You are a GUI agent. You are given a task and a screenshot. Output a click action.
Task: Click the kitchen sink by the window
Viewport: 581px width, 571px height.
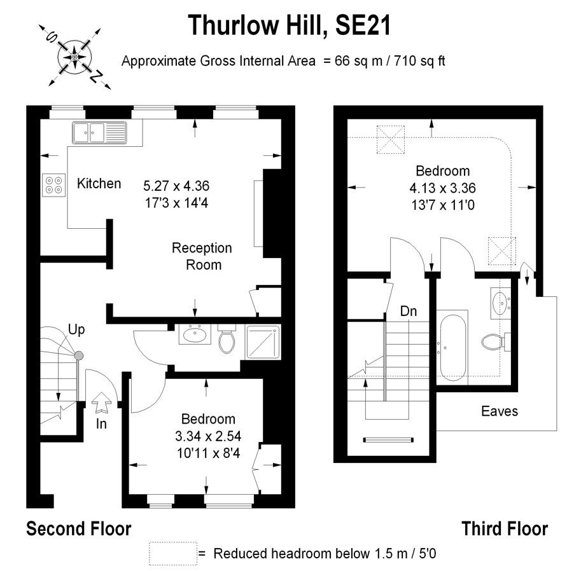click(x=99, y=132)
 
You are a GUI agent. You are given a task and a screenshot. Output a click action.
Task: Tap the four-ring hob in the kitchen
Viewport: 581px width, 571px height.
click(x=53, y=185)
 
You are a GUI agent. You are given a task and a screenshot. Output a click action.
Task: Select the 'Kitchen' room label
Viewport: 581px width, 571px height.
click(x=99, y=184)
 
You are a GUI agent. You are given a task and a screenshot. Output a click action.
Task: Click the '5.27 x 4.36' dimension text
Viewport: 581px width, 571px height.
click(x=176, y=186)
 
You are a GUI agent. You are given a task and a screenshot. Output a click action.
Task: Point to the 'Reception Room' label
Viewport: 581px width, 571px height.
click(x=202, y=256)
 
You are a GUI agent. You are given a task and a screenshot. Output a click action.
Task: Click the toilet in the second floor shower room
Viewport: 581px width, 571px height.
click(x=227, y=339)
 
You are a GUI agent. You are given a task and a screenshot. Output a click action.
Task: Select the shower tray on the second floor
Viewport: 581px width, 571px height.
click(x=263, y=342)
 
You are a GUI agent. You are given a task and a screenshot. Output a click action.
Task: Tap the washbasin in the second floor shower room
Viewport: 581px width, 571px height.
click(x=195, y=334)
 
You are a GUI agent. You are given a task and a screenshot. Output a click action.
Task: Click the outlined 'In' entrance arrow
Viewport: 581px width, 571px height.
click(x=101, y=402)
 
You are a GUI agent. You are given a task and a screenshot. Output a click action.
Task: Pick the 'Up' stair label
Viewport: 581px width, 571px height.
click(x=76, y=329)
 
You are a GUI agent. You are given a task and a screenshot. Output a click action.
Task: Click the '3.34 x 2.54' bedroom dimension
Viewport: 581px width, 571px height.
click(x=208, y=436)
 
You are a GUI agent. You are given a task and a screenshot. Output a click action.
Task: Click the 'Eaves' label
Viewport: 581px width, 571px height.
click(x=500, y=411)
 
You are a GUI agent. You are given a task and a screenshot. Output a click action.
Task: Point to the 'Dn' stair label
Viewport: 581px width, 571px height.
click(x=409, y=311)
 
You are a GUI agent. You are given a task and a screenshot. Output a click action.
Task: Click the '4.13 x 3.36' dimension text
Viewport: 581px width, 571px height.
click(x=442, y=188)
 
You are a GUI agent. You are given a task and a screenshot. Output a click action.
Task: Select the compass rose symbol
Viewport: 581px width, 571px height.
click(x=75, y=57)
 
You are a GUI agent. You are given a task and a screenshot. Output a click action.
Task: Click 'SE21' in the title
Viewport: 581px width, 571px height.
click(x=363, y=25)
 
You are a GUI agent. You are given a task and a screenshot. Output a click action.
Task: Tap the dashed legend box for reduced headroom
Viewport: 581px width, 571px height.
click(x=173, y=553)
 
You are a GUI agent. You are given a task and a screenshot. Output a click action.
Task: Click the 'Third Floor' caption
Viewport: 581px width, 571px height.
click(x=504, y=528)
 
